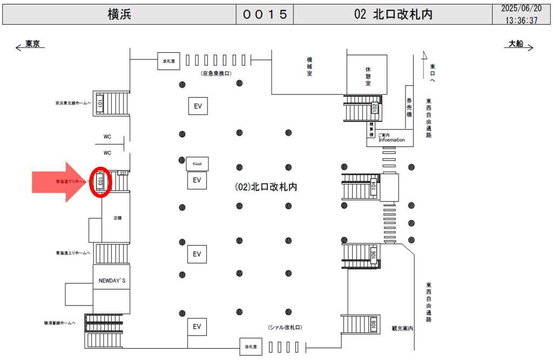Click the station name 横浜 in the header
click(x=119, y=15)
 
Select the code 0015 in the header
click(x=265, y=15)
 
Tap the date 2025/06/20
click(x=522, y=9)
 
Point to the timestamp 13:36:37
click(x=522, y=21)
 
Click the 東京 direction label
click(x=33, y=44)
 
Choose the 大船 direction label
click(x=516, y=44)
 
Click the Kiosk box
click(x=197, y=163)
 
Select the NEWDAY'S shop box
click(x=111, y=281)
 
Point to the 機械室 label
click(x=309, y=66)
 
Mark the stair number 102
click(x=374, y=108)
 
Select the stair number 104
click(x=373, y=186)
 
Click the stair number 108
click(x=373, y=324)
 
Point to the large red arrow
click(x=57, y=182)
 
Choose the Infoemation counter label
click(x=392, y=140)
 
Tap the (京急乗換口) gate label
click(x=216, y=73)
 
